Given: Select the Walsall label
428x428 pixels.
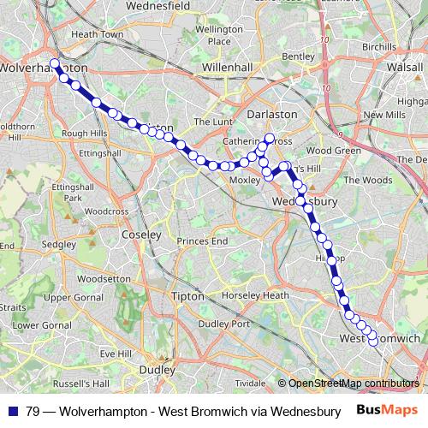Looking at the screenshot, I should [x=406, y=65].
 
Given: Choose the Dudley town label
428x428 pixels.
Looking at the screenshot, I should [x=157, y=370].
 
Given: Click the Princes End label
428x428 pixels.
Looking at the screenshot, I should [x=202, y=241].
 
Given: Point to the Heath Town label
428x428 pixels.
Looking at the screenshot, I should [x=95, y=33].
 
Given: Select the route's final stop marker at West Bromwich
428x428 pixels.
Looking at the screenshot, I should [x=373, y=341].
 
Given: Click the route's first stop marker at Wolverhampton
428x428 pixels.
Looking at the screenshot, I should [x=55, y=63].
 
